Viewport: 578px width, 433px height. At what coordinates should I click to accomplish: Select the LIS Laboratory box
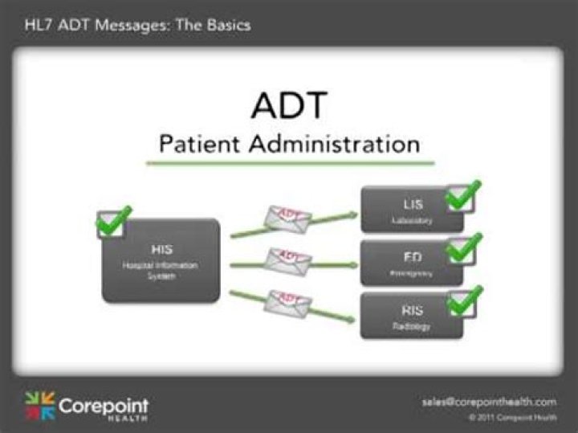411,210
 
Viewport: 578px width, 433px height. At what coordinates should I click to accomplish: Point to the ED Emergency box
411,263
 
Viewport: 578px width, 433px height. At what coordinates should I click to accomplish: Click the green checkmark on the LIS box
463,195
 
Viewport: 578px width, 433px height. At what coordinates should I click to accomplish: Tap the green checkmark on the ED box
463,247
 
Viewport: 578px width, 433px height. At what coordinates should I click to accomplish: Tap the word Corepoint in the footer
104,403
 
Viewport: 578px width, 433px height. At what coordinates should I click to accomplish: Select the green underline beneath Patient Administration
290,163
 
